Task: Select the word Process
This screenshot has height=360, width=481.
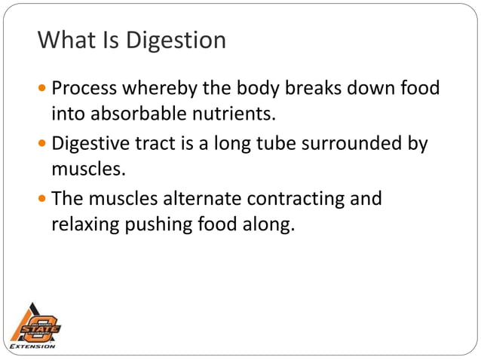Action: point(88,90)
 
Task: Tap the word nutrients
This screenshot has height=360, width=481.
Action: point(228,114)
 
